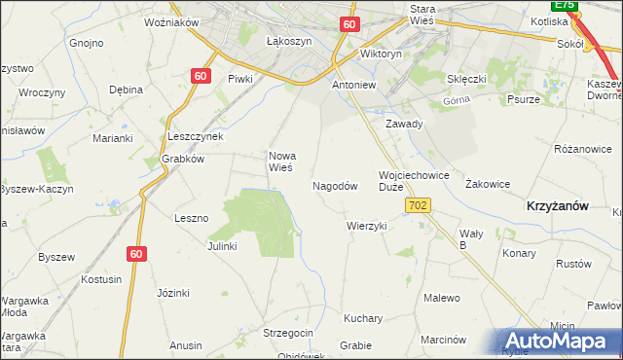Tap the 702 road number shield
click(419, 205)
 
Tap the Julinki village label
click(222, 246)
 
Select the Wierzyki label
click(367, 225)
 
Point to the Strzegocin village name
click(288, 333)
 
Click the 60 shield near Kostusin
click(137, 253)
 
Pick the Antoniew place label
click(354, 85)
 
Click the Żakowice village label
click(488, 183)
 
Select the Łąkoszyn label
click(288, 42)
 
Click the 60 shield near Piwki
click(201, 75)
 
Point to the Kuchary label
click(363, 318)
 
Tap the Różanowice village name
click(582, 149)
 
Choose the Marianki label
click(112, 138)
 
